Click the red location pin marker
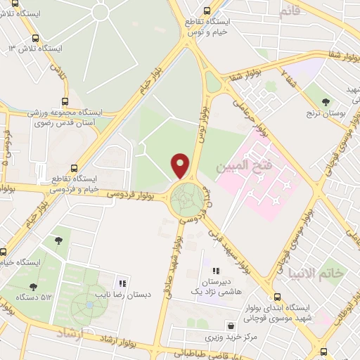[181, 165]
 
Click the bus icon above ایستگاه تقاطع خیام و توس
[206, 11]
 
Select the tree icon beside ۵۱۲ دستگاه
[32, 287]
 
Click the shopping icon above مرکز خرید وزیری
[231, 326]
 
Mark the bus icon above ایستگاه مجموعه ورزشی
[65, 102]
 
